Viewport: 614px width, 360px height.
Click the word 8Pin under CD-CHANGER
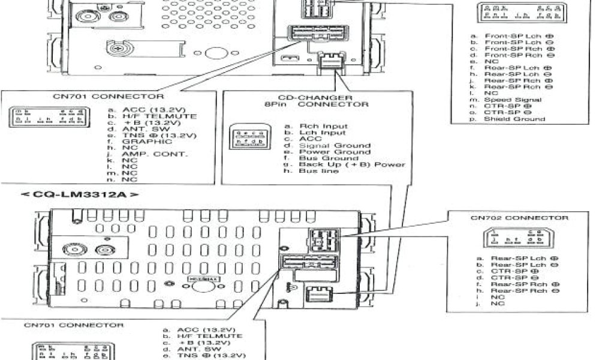[276, 104]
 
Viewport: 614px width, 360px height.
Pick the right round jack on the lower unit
[105, 251]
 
